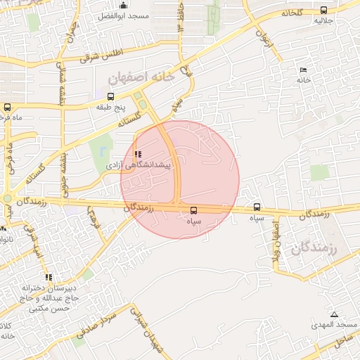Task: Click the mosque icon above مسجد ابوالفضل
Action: [x=124, y=6]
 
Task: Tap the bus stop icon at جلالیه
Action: [x=323, y=11]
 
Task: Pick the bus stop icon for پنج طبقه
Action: [x=110, y=97]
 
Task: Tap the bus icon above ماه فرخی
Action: [x=7, y=108]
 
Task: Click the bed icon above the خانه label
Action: [x=303, y=70]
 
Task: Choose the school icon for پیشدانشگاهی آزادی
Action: [x=138, y=154]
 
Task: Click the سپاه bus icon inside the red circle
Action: [x=194, y=210]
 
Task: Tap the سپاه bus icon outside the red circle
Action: [x=257, y=208]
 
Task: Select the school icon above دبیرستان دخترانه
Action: [x=49, y=277]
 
